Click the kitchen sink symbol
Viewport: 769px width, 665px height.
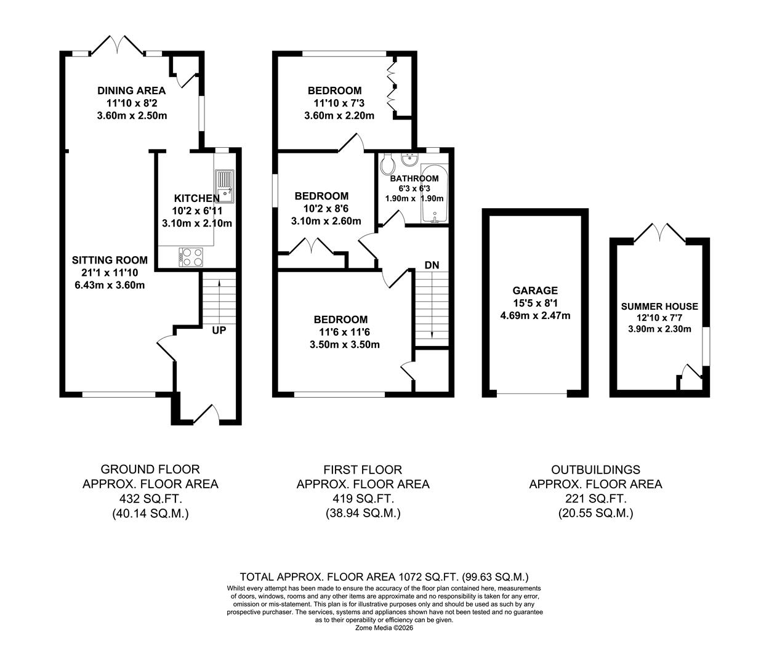click(224, 186)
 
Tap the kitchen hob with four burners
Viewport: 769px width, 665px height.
click(191, 257)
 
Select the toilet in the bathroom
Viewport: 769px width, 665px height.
click(387, 165)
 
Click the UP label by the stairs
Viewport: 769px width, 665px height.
click(219, 331)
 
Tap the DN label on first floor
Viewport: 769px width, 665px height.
click(432, 265)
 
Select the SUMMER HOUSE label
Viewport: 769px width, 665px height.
click(659, 306)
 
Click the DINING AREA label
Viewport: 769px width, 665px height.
click(132, 91)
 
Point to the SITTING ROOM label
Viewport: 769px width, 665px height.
click(110, 260)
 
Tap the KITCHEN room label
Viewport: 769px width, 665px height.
click(196, 198)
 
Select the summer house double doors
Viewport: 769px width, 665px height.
click(659, 233)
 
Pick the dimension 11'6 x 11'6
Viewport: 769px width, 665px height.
click(340, 332)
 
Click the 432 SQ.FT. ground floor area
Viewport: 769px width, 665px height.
click(150, 498)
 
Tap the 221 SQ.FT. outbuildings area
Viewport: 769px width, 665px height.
click(595, 498)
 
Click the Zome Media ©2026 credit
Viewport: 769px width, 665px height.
click(384, 628)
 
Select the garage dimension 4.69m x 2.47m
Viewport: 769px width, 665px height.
click(535, 316)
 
